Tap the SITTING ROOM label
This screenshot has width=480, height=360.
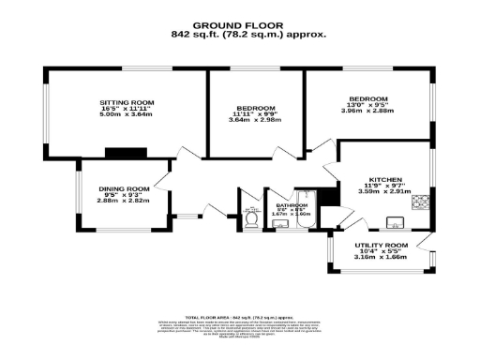[127, 102]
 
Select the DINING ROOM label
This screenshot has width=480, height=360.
[125, 188]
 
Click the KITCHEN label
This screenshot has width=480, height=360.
[385, 179]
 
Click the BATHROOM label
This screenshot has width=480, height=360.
[291, 204]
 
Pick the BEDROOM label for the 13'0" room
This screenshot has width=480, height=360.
[368, 98]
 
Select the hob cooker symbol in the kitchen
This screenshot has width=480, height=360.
[421, 201]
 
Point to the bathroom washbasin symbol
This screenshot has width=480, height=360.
[278, 223]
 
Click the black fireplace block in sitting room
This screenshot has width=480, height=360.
[120, 152]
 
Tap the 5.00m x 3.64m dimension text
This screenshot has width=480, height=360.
[127, 117]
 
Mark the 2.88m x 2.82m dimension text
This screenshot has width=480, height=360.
[125, 201]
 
